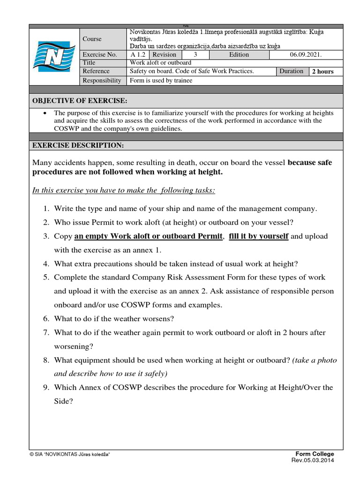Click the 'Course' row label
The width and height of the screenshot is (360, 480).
(92, 39)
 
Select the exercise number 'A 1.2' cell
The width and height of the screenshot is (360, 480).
(138, 54)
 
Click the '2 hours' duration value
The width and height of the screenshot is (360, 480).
(323, 72)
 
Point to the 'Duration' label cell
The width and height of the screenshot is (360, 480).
(292, 71)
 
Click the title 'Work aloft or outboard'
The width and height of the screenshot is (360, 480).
(160, 63)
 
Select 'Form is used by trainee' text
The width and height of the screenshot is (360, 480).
(161, 80)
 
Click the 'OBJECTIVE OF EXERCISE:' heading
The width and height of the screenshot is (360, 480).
(79, 101)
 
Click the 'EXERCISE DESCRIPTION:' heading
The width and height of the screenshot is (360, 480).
(78, 145)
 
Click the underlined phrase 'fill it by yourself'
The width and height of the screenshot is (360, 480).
(258, 236)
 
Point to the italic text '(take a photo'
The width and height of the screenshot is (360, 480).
(315, 360)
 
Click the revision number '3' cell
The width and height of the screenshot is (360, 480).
(195, 54)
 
